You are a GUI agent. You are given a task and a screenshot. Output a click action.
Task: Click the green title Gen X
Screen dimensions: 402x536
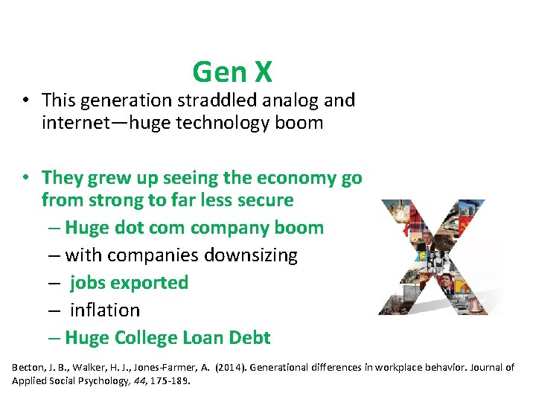[232, 72]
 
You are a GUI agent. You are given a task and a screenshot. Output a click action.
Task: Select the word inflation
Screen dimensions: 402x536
[105, 310]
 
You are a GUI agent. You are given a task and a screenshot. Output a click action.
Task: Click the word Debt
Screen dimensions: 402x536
[249, 338]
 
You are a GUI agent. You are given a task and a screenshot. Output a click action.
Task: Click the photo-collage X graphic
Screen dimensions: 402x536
[433, 257]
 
